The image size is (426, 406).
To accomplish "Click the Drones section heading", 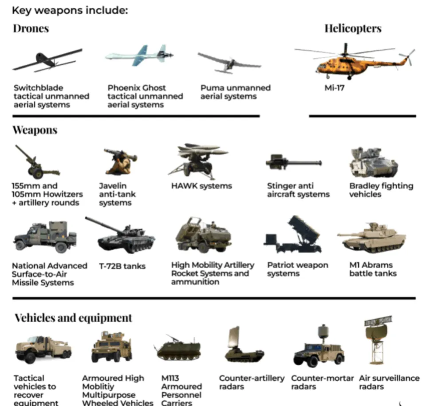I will click(x=31, y=29).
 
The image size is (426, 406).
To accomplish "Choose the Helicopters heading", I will click(x=352, y=29).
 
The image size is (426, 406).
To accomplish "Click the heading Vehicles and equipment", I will click(x=73, y=318).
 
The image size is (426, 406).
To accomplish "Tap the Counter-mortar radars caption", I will click(x=322, y=382).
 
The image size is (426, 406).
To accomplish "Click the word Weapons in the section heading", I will click(x=35, y=130).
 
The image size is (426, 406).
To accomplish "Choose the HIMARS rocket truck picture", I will click(x=203, y=235).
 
